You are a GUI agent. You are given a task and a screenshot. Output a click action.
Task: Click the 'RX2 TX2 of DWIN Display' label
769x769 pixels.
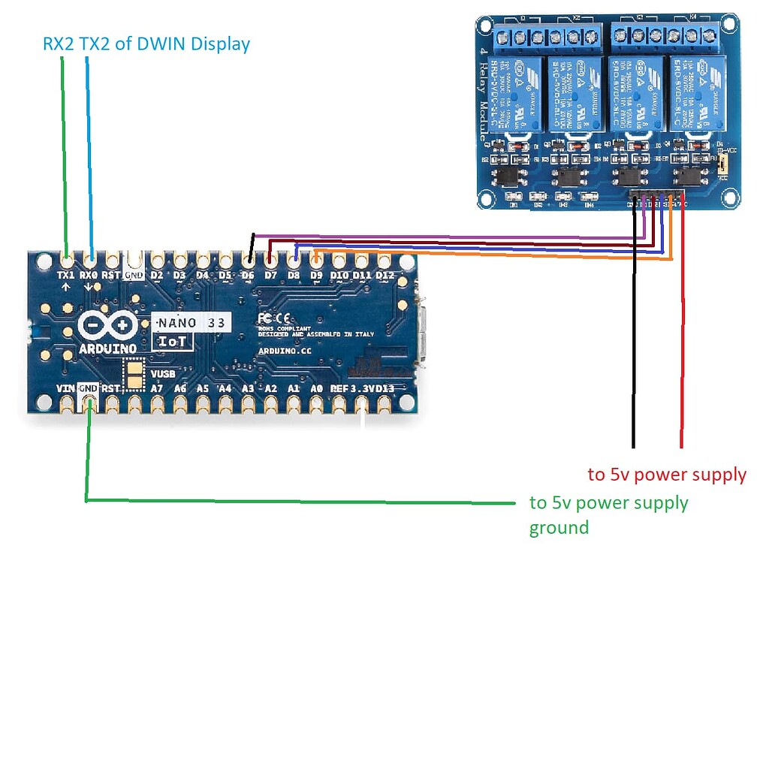click(x=146, y=44)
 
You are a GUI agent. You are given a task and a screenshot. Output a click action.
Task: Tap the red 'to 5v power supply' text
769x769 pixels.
click(x=667, y=475)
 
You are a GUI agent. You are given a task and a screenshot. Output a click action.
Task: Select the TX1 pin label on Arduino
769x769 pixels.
click(x=67, y=275)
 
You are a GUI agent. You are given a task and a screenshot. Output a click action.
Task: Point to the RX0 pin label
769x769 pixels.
click(x=89, y=275)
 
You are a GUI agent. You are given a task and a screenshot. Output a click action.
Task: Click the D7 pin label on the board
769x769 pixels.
click(x=270, y=275)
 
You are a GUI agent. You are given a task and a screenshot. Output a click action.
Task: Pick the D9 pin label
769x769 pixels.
click(x=316, y=275)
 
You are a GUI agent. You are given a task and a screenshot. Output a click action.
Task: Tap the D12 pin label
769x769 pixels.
click(x=384, y=275)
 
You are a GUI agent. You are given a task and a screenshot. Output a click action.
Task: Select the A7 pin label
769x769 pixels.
click(x=157, y=388)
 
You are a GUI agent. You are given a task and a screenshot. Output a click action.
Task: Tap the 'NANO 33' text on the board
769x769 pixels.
click(x=192, y=322)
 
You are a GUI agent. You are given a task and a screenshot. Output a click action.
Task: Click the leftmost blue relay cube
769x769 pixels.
click(x=514, y=93)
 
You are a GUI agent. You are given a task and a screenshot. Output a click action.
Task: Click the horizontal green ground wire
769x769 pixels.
click(x=300, y=501)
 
